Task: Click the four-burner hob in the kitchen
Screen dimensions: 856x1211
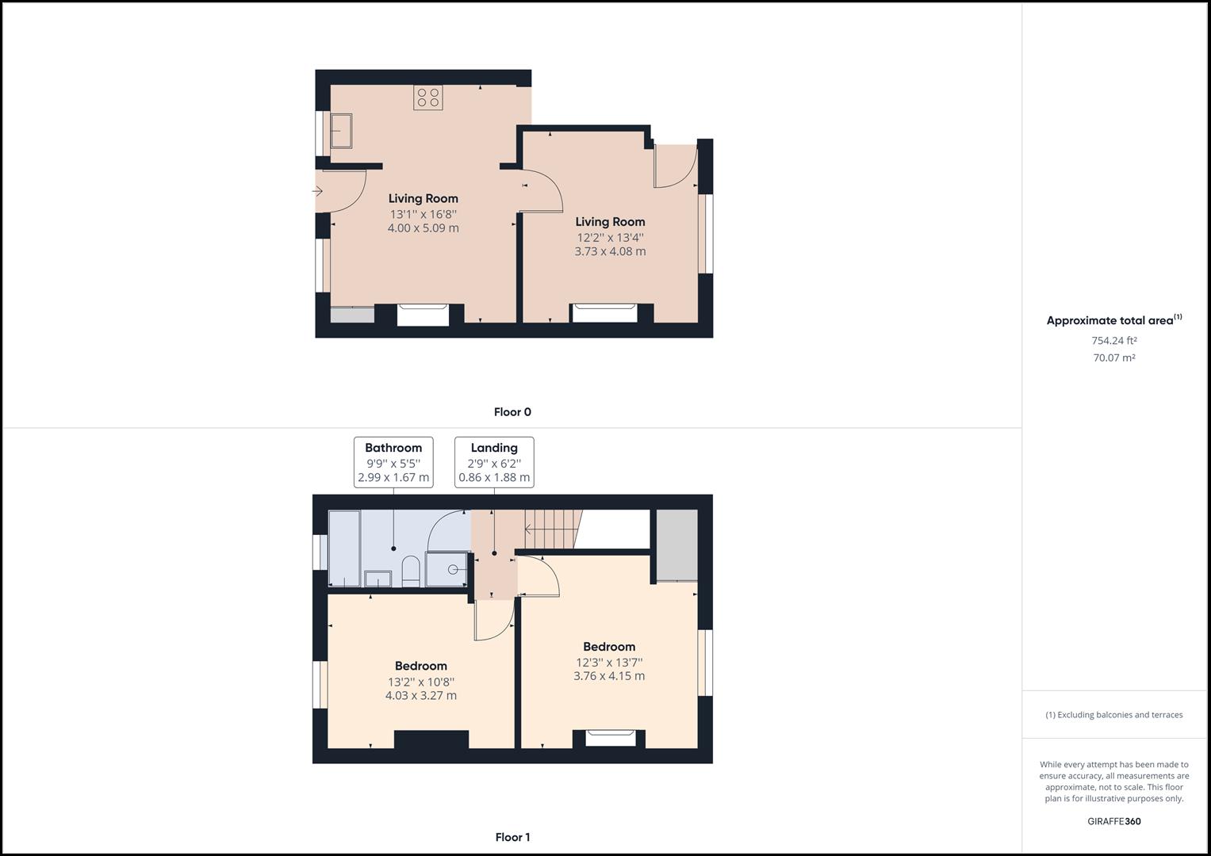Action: point(428,98)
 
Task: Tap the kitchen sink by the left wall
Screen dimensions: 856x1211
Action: point(342,131)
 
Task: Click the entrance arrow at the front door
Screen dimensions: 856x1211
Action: point(317,191)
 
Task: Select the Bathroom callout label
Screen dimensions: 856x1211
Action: point(393,462)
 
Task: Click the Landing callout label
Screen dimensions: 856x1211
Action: point(494,462)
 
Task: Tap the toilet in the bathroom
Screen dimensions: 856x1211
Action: point(410,571)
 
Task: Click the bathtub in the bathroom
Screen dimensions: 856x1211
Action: point(344,548)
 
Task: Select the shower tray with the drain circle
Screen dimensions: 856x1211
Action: point(448,569)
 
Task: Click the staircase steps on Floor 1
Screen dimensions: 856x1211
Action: point(553,529)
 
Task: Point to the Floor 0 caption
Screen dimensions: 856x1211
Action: point(512,412)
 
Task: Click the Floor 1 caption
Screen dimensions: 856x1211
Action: point(512,837)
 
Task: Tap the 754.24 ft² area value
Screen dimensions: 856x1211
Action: point(1113,341)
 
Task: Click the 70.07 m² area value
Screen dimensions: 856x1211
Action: point(1113,357)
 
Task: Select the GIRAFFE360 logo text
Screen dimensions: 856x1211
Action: point(1113,821)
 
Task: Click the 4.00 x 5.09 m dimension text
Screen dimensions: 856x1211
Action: point(423,228)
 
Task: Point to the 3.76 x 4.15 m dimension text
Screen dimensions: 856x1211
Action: point(609,676)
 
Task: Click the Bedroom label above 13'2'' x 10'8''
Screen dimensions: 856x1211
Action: point(421,666)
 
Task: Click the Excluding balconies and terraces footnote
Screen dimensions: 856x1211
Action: point(1113,715)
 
